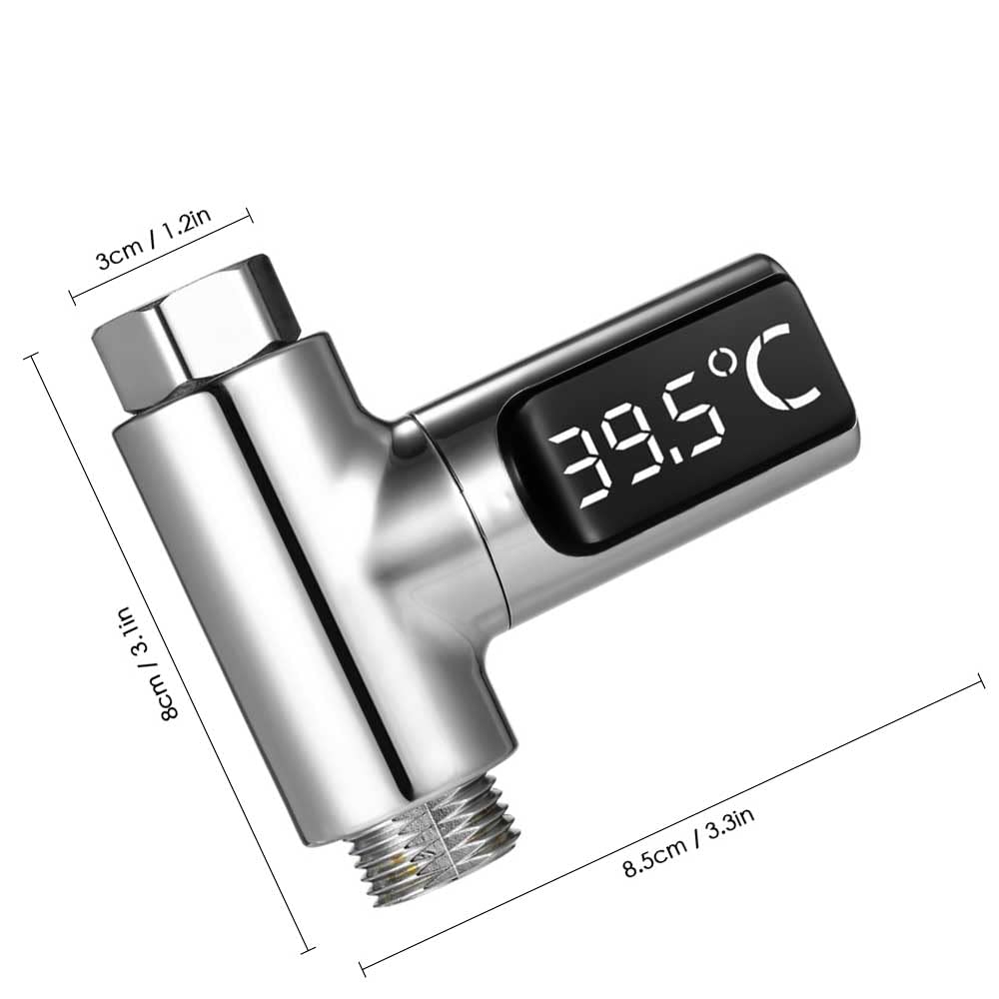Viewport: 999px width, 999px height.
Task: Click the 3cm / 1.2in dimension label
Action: click(152, 246)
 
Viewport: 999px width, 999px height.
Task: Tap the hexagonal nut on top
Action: click(200, 330)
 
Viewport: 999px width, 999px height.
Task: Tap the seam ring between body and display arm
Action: click(480, 519)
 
